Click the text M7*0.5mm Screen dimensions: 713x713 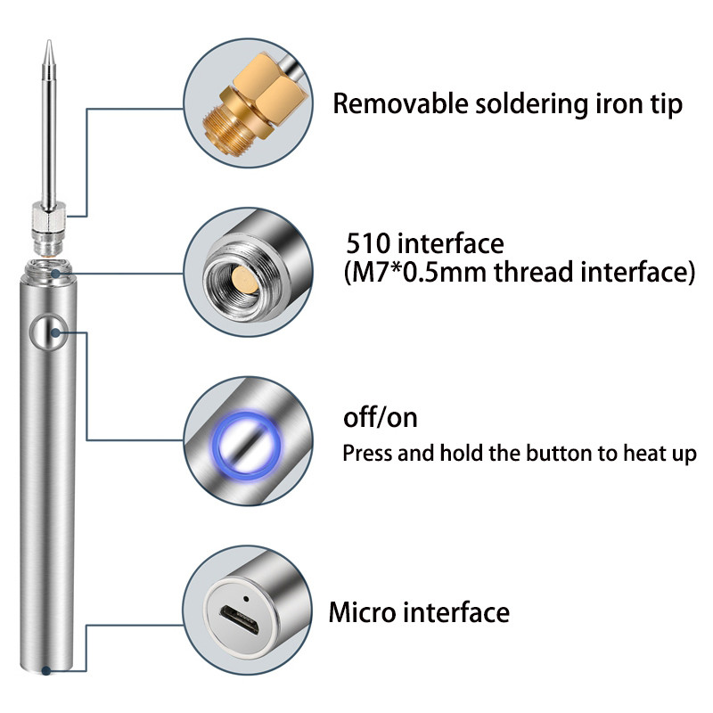click(414, 272)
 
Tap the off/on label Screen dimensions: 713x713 click(380, 417)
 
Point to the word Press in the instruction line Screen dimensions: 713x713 click(367, 453)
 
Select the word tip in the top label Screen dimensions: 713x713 click(664, 104)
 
